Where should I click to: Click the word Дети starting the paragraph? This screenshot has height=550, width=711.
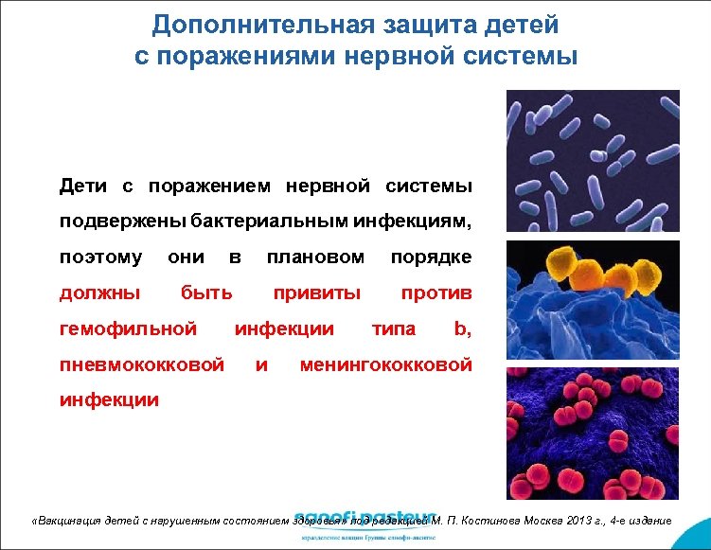(83, 186)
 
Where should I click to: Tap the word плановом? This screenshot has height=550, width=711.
(315, 257)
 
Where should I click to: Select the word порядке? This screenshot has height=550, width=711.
(431, 257)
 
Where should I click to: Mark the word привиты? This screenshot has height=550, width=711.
(317, 293)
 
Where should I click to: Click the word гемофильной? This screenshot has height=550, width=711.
(128, 329)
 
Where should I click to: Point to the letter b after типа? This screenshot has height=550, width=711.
(461, 329)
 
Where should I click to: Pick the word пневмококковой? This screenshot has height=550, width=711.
(142, 364)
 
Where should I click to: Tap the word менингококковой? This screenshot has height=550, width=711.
(385, 364)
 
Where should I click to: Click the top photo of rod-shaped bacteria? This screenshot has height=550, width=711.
(593, 160)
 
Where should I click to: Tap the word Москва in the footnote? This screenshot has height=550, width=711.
(524, 521)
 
